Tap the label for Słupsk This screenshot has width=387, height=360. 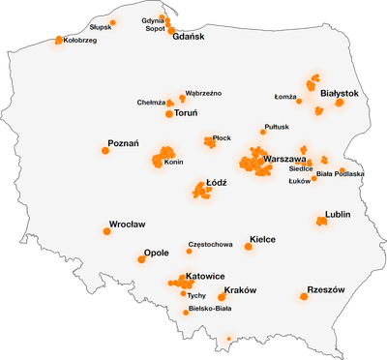coord(100,27)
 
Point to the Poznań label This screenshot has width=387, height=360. coord(123,143)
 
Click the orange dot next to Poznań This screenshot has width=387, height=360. coord(105,150)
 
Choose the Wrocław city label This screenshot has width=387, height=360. coord(127,224)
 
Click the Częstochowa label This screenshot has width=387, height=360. coord(210,244)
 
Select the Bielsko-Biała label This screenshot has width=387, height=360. coord(210,310)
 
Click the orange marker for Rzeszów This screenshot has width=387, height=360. coord(304,297)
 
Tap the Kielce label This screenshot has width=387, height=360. coord(262,238)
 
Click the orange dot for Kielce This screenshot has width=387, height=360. coord(248,246)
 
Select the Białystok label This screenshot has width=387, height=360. coord(340,93)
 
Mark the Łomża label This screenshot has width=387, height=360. coord(284,97)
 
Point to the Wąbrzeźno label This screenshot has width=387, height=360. coord(203,93)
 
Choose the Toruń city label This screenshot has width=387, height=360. coord(188,113)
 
